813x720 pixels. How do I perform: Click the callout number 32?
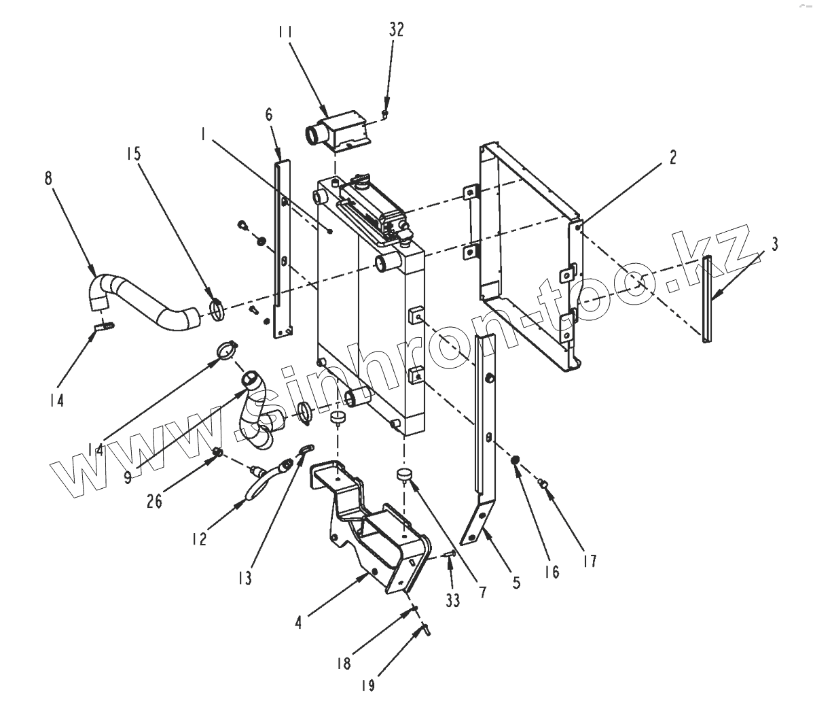(x=395, y=30)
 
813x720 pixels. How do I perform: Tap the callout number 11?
(x=285, y=31)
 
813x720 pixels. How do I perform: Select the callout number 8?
(x=48, y=179)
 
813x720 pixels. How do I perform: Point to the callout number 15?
(x=134, y=154)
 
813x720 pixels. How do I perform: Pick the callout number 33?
(x=452, y=600)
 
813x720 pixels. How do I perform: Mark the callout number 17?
(x=589, y=561)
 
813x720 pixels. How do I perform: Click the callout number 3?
(x=774, y=243)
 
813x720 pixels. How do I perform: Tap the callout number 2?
(x=672, y=158)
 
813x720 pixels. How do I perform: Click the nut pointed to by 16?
(x=516, y=462)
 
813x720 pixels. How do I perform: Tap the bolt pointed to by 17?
(x=543, y=483)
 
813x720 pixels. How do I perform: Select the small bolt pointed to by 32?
(x=384, y=114)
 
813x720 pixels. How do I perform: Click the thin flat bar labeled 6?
(x=281, y=245)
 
